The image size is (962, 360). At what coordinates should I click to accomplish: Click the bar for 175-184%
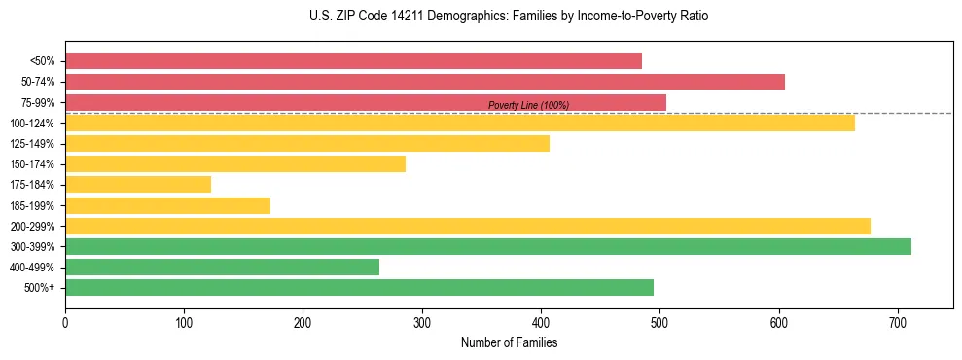coord(138,184)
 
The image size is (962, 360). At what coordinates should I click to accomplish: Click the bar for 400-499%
coord(222,267)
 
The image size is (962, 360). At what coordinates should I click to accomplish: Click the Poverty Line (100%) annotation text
coord(528,105)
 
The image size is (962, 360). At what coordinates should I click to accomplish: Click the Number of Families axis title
coord(509,342)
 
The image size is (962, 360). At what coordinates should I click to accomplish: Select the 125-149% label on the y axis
coord(32,144)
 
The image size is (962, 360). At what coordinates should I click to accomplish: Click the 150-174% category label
coord(32,164)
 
